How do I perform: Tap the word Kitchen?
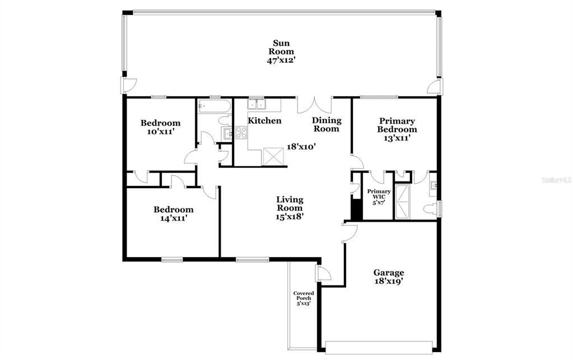[x=264, y=121]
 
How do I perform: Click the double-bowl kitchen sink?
[x=257, y=104]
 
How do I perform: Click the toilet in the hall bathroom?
[x=223, y=120]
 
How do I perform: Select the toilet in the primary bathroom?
[x=428, y=209]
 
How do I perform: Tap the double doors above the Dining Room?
[x=314, y=105]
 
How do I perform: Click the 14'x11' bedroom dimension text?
[x=174, y=218]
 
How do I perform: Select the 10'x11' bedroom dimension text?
[x=160, y=132]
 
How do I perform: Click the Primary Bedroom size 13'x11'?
[x=397, y=138]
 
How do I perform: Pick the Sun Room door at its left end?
[x=129, y=86]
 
